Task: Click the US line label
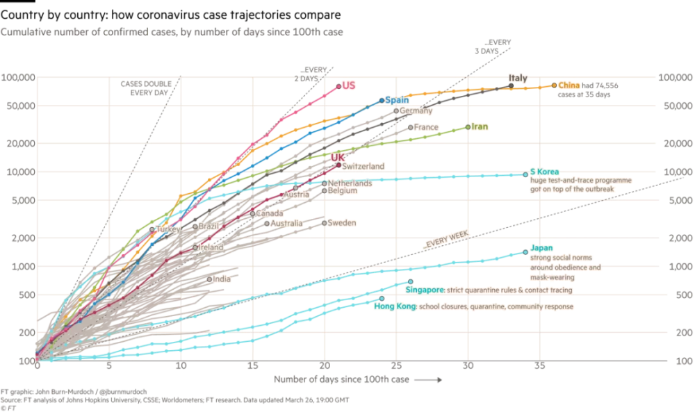point(349,85)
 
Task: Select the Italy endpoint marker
point(511,86)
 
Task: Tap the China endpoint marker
point(554,85)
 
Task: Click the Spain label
point(397,100)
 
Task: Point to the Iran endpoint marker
point(468,127)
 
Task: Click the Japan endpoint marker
point(525,252)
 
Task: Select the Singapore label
point(425,290)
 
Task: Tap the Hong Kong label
point(395,306)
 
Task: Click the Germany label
point(416,110)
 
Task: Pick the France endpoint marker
point(411,127)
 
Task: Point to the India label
point(222,279)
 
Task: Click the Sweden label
point(341,223)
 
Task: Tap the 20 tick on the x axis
point(325,365)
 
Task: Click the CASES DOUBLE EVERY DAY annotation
point(144,88)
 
